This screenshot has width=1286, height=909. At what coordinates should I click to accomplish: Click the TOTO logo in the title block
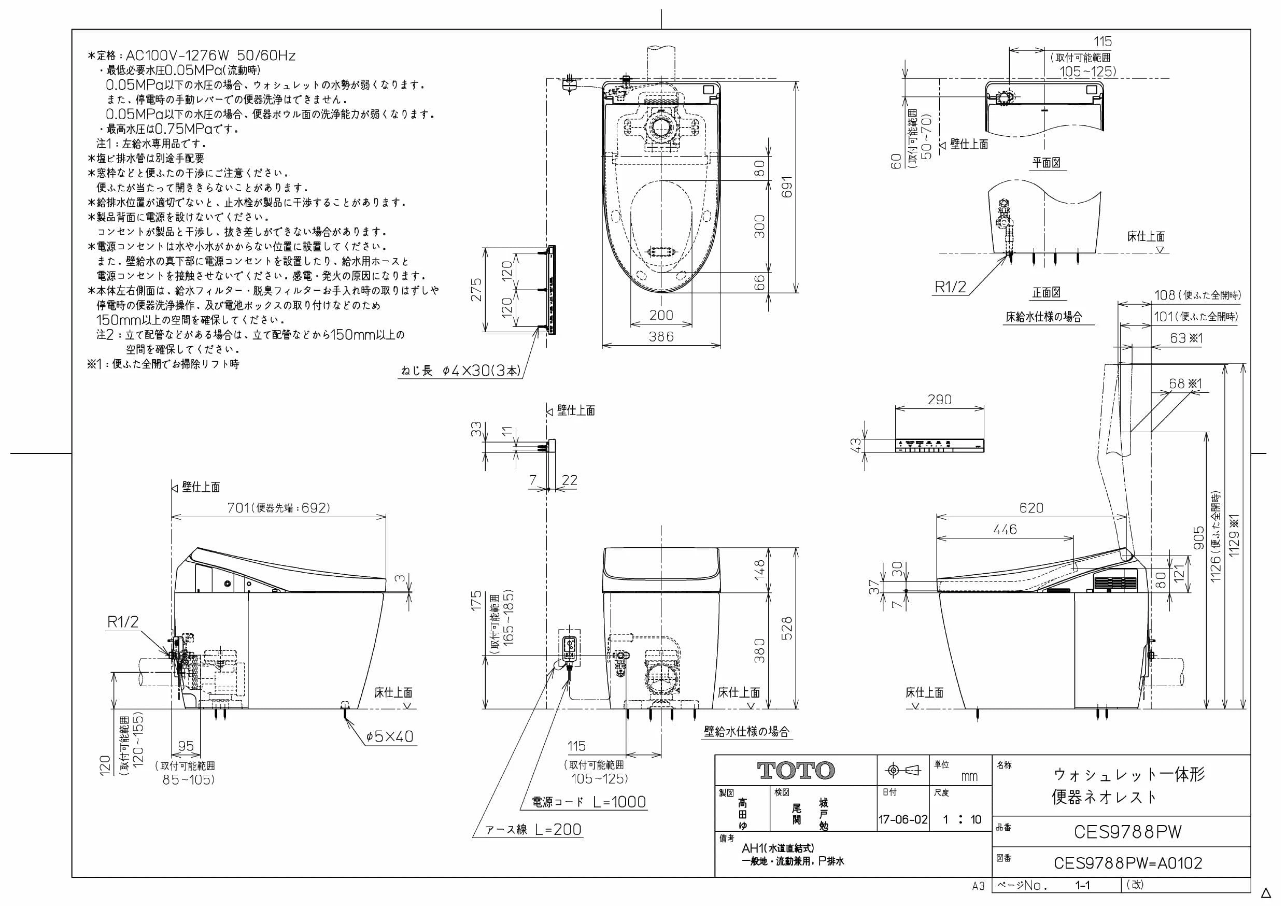796,771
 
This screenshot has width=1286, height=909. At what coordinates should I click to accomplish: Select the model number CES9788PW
1127,832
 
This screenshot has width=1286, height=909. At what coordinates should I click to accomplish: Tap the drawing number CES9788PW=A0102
1128,863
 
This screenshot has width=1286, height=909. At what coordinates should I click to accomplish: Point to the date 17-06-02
903,820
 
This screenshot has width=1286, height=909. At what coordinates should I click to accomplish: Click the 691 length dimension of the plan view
787,187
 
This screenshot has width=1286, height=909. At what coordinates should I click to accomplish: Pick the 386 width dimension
661,337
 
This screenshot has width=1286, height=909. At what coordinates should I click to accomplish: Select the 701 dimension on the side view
238,507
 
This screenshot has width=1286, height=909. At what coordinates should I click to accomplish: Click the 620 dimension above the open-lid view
1031,507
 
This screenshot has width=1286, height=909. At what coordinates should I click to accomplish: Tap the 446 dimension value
1005,529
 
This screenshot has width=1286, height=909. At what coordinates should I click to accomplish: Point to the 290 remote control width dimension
939,400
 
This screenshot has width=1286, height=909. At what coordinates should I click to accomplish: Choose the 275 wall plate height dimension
476,290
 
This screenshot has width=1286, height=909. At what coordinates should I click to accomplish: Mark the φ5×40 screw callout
390,736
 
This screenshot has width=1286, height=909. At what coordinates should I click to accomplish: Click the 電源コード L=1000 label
589,802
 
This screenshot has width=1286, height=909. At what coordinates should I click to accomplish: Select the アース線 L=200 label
533,830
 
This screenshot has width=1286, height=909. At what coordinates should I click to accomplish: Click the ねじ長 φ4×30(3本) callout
461,370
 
